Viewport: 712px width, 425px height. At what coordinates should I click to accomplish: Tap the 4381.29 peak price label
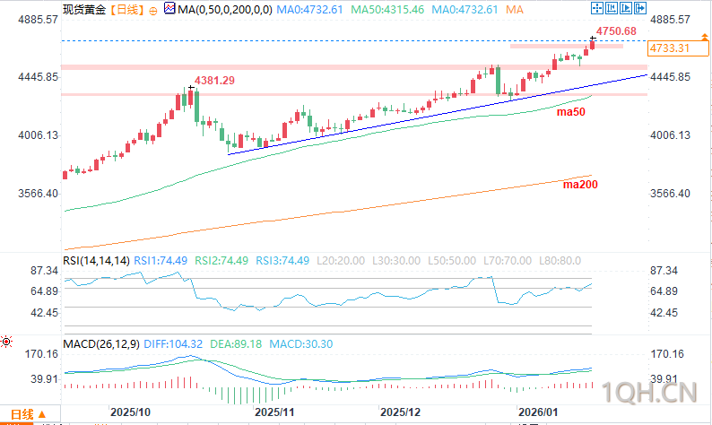[x=215, y=81]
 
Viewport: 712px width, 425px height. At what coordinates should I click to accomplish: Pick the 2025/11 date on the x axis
[x=275, y=412]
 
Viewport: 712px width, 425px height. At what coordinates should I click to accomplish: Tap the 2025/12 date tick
[x=401, y=412]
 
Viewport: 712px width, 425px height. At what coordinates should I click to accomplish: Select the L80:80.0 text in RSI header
[x=560, y=260]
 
